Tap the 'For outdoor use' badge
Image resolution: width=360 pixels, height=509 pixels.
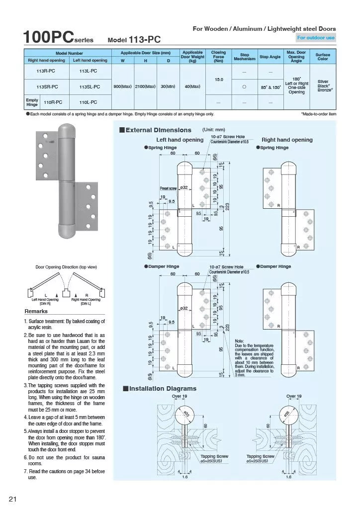[x=316, y=37]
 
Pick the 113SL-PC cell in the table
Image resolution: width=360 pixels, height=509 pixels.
[x=90, y=86]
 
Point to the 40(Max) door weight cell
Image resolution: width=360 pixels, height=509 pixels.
[x=192, y=86]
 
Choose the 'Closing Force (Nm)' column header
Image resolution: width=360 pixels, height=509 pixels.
[x=218, y=57]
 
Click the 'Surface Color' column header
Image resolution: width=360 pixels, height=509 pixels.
[x=323, y=57]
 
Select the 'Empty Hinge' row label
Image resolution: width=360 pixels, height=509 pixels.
[x=32, y=102]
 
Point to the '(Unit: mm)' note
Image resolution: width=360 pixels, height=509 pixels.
[x=213, y=130]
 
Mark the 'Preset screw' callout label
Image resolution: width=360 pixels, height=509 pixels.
[x=168, y=188]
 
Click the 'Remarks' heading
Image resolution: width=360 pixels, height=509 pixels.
[x=36, y=311]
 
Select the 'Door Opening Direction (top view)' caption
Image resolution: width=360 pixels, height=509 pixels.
[x=66, y=267]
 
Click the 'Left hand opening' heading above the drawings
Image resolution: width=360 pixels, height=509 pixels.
[x=180, y=140]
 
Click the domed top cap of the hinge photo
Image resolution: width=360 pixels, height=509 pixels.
[x=66, y=130]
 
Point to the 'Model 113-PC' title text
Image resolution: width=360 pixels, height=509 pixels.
[x=134, y=39]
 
